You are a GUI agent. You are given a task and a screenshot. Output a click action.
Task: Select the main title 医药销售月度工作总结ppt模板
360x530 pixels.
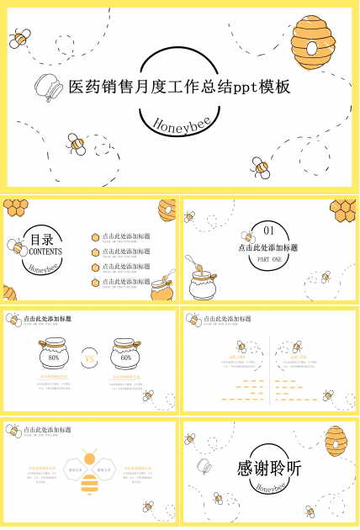pyautogui.click(x=178, y=87)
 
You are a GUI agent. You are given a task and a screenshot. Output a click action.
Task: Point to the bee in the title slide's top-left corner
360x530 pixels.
pyautogui.click(x=20, y=37)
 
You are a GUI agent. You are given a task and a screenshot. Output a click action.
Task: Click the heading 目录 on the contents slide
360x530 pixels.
pyautogui.click(x=42, y=239)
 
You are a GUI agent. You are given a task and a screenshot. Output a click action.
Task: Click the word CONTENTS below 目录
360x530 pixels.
pyautogui.click(x=45, y=252)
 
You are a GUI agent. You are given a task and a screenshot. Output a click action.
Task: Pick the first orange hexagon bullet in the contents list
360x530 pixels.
pyautogui.click(x=96, y=237)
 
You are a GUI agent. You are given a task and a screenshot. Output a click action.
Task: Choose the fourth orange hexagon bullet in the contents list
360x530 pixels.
pyautogui.click(x=96, y=282)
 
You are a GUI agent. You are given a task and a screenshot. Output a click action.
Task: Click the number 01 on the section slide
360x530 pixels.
pyautogui.click(x=269, y=231)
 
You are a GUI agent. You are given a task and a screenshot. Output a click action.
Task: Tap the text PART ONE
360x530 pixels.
pyautogui.click(x=269, y=261)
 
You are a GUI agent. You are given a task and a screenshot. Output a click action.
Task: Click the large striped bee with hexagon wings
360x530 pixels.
pyautogui.click(x=89, y=475)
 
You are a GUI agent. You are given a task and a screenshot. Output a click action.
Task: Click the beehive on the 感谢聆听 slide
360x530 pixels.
pyautogui.click(x=335, y=441)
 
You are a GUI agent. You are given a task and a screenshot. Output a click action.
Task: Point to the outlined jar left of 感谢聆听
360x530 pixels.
pyautogui.click(x=204, y=467)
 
